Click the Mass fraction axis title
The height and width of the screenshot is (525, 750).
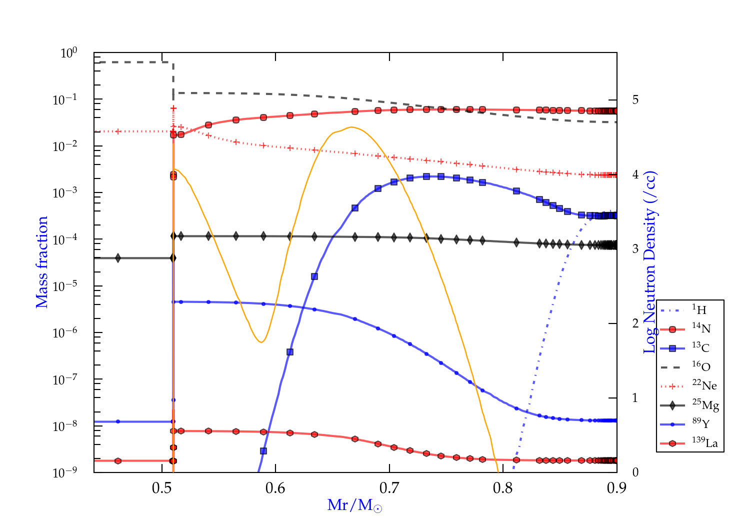pos(42,262)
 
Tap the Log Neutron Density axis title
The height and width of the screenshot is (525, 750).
pos(649,262)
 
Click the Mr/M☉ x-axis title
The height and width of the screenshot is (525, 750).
pos(354,505)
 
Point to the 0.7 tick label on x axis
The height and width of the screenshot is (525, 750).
pos(389,488)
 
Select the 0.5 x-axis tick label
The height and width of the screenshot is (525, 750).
pos(162,488)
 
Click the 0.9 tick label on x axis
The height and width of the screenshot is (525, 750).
pos(616,488)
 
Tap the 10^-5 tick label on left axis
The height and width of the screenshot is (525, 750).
pos(65,286)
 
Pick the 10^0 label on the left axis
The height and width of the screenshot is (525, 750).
pos(68,52)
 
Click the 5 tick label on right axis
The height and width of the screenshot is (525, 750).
pos(635,99)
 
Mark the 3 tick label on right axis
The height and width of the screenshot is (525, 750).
pos(635,248)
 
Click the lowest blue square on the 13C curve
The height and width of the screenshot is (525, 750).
pos(263,451)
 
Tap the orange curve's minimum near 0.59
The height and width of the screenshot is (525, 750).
pos(261,342)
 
